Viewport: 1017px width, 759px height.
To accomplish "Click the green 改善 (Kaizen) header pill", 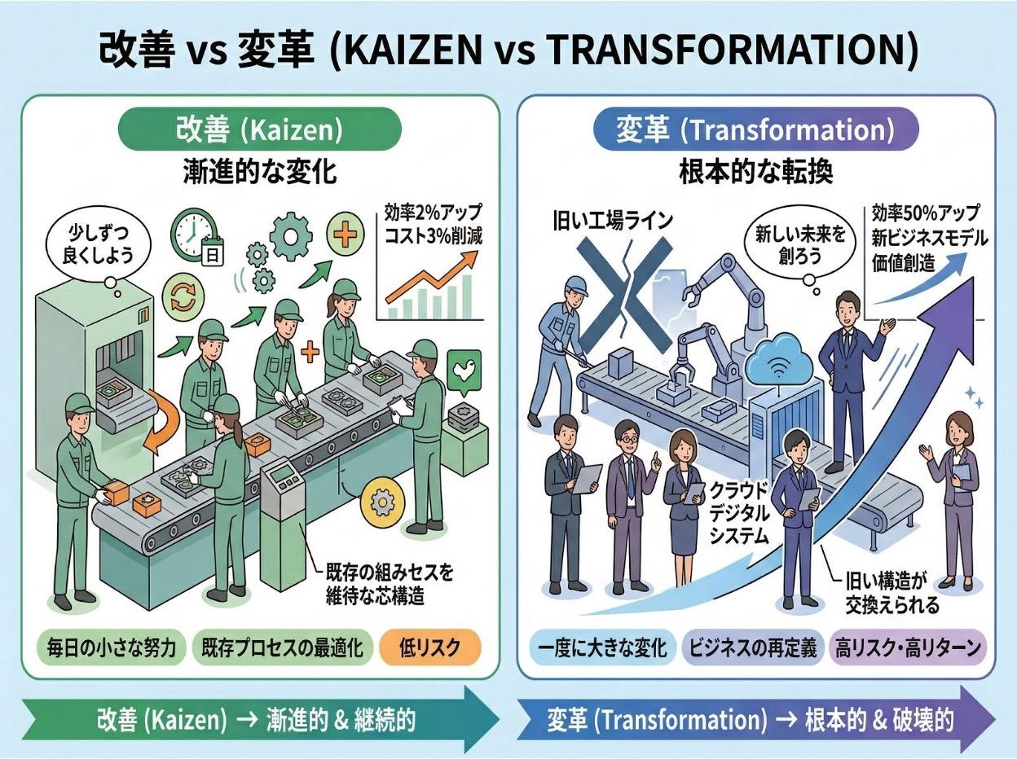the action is click(x=260, y=129).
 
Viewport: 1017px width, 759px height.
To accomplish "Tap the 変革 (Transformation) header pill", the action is click(x=755, y=129).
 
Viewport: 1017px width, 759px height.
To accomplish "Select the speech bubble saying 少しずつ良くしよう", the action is click(x=99, y=246).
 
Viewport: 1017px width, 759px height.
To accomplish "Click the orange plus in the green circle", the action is click(x=346, y=231).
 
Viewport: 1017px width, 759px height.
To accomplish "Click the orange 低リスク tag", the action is click(x=430, y=647).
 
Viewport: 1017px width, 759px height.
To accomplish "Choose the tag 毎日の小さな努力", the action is click(x=111, y=647).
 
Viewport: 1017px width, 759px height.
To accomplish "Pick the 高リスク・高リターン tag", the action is click(x=908, y=647).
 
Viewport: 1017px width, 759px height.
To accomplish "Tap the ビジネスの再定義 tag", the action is click(x=752, y=647).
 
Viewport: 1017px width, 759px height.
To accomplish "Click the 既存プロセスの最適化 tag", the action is click(x=282, y=647).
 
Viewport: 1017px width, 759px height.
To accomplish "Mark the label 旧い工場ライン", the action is click(x=613, y=219).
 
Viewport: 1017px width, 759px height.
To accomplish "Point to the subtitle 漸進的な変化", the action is click(x=260, y=172).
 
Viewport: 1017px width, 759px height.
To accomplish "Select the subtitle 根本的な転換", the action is click(x=755, y=172).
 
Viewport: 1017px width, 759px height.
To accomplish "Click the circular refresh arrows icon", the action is click(x=183, y=297).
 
